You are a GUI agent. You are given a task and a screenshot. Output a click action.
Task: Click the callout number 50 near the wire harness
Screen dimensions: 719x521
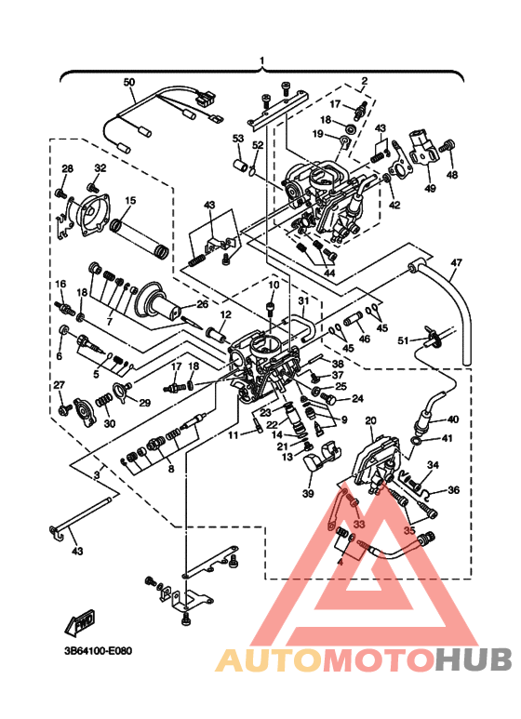click(129, 82)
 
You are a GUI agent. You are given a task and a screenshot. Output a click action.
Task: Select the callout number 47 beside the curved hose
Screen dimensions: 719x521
click(455, 263)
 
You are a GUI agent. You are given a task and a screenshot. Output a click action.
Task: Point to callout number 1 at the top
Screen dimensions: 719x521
click(262, 61)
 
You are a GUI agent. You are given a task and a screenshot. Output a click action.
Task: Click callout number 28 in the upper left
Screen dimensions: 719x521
click(67, 168)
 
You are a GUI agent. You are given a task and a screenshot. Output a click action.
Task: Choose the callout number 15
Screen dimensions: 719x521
click(130, 200)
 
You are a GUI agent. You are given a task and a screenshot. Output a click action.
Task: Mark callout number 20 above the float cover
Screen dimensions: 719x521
click(369, 420)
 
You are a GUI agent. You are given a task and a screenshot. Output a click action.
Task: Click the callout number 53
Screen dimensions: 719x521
click(238, 139)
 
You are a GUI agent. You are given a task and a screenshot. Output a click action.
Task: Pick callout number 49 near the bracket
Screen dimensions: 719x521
click(430, 189)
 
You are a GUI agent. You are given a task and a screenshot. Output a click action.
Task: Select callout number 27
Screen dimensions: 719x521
click(59, 385)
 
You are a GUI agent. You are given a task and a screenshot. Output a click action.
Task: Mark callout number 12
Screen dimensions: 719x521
click(225, 316)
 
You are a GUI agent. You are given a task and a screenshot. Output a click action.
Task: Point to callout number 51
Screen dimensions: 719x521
click(403, 341)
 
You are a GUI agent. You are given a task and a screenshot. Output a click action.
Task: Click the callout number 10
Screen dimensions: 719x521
click(274, 285)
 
